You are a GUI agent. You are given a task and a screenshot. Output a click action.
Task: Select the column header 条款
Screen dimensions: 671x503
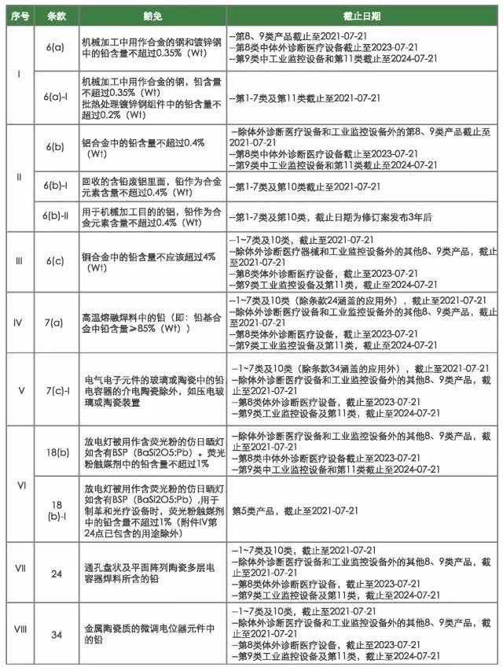pyautogui.click(x=56, y=16)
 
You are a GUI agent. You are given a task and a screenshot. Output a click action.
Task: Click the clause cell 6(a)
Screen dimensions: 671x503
pyautogui.click(x=56, y=48)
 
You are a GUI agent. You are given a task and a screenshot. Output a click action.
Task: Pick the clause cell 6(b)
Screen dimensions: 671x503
pyautogui.click(x=56, y=147)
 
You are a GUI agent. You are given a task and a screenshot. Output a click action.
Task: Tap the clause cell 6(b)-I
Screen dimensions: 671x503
pyautogui.click(x=56, y=186)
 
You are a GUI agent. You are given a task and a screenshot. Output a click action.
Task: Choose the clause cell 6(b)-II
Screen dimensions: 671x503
pyautogui.click(x=56, y=216)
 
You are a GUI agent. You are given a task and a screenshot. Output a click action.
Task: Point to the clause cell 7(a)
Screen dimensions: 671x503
pyautogui.click(x=56, y=322)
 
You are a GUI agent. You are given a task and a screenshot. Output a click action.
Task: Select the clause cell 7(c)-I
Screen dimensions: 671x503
pyautogui.click(x=56, y=390)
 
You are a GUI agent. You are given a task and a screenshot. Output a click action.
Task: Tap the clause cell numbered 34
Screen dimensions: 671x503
pyautogui.click(x=56, y=635)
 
